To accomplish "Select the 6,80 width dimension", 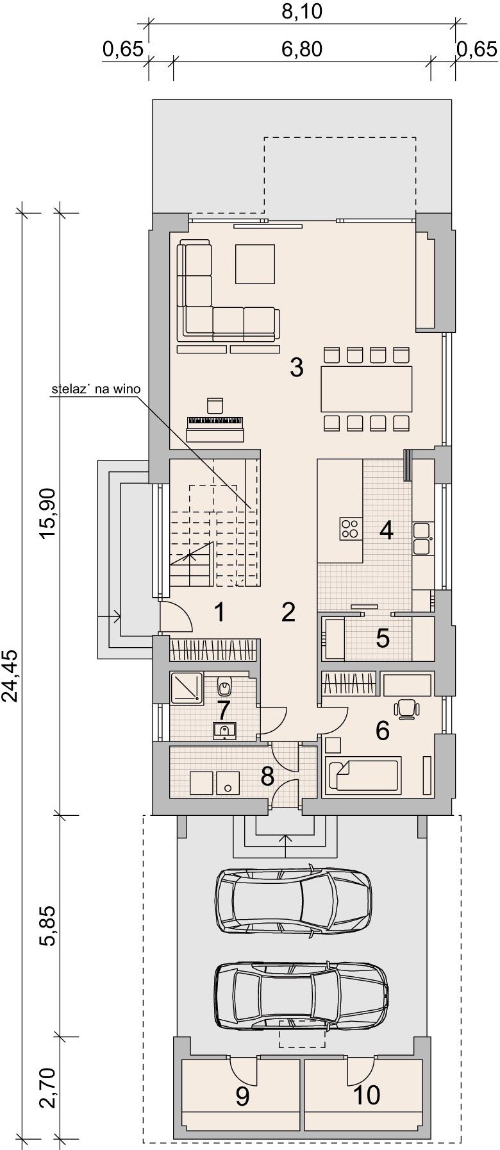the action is coord(303,49).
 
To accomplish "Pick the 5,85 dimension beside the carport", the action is coord(51,926).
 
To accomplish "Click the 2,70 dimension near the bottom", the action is coord(51,1088).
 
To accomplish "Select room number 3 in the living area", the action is coord(296,368).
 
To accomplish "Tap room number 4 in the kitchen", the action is coord(386,530).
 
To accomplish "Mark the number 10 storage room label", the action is coord(367,1095).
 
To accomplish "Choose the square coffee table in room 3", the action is coord(256,264).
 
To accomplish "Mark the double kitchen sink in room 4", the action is coord(421,538).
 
